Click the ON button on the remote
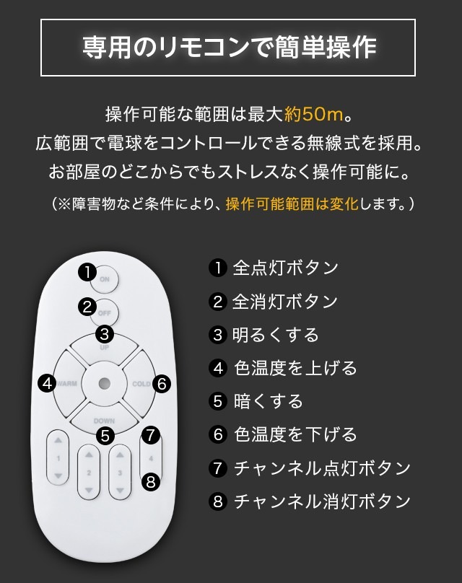click(105, 279)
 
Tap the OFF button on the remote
click(105, 312)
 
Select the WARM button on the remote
click(67, 383)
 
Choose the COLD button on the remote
click(140, 384)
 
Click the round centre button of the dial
click(104, 383)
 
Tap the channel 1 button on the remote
click(58, 457)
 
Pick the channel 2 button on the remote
click(89, 472)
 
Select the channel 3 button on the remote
click(120, 472)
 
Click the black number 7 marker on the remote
click(151, 434)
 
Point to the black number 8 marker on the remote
click(151, 482)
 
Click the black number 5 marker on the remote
click(105, 435)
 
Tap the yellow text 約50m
click(313, 114)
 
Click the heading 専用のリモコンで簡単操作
click(229, 48)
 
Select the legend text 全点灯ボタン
click(285, 268)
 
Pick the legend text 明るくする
click(276, 335)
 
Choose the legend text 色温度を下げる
click(295, 434)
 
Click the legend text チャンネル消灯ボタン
click(322, 501)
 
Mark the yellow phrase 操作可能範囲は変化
click(292, 203)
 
